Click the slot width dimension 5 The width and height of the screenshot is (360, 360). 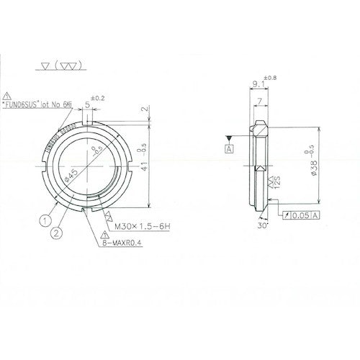(x=87, y=104)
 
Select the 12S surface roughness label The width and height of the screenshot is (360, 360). (x=276, y=189)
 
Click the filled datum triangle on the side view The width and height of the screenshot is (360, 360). (x=229, y=137)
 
